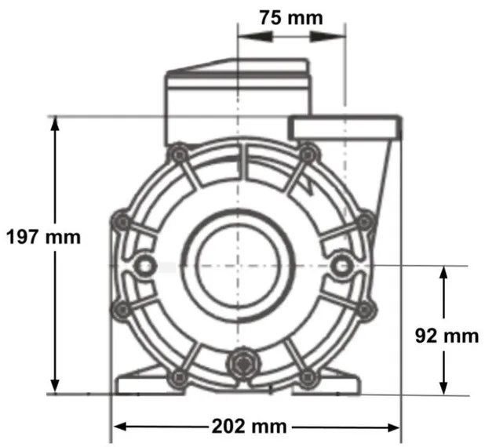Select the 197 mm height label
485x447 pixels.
42,237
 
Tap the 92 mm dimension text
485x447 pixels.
446,336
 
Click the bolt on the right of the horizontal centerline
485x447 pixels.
341,267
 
